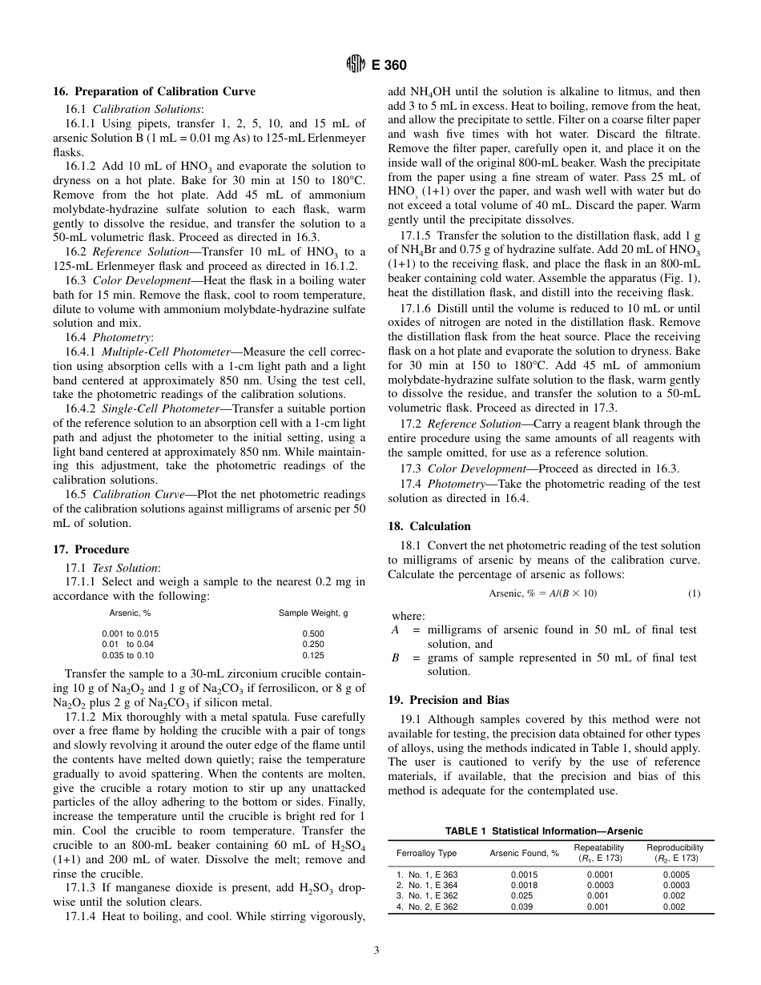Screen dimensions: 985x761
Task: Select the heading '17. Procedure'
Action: tap(91, 549)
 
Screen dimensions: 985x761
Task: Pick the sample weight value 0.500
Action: tap(312, 633)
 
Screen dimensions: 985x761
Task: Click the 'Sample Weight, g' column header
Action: tap(312, 613)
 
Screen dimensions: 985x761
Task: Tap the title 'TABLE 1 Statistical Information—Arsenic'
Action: tap(544, 831)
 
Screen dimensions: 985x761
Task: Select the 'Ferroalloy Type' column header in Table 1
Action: tap(427, 853)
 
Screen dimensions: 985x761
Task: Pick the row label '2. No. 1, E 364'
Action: tap(428, 885)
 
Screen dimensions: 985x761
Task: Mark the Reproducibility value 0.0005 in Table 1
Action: tap(675, 874)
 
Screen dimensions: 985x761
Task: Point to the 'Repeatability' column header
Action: tap(598, 847)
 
